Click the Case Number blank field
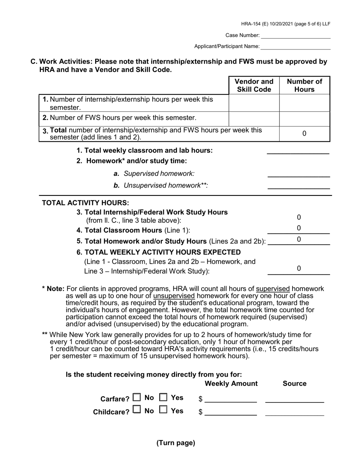click(x=296, y=35)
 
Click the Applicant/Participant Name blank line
click(x=296, y=46)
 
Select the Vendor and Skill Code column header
click(x=254, y=85)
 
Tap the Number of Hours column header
click(x=304, y=85)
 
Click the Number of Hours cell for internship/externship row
click(x=304, y=103)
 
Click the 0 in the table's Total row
click(x=304, y=134)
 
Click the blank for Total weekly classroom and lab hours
click(x=298, y=151)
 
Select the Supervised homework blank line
click(x=298, y=174)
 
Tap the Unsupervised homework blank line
click(x=298, y=186)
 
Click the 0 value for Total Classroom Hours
click(x=299, y=228)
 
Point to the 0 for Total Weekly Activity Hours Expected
click(x=299, y=269)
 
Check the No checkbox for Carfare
click(x=137, y=398)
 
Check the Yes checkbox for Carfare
click(x=163, y=398)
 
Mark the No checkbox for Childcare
click(x=137, y=410)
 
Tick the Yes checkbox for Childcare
click(x=163, y=410)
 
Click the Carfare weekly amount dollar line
click(x=230, y=399)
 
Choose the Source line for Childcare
click(x=294, y=412)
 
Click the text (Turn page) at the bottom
click(x=176, y=443)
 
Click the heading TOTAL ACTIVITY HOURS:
click(x=85, y=203)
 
